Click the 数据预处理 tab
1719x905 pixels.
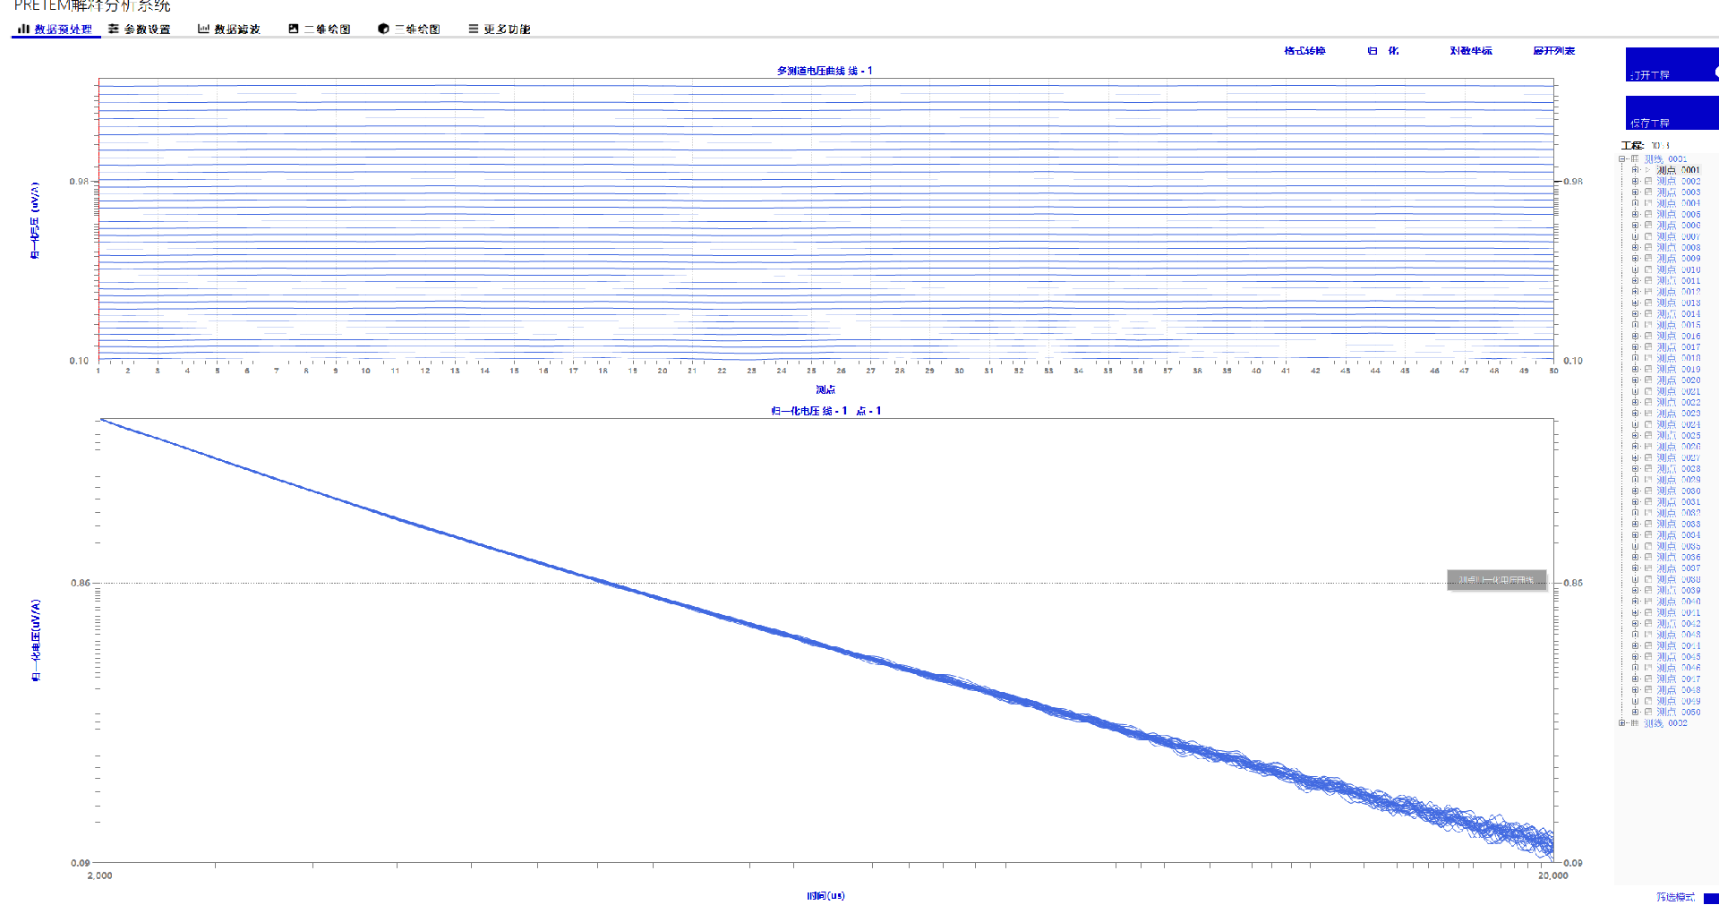pos(56,30)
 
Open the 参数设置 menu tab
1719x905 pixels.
pos(140,30)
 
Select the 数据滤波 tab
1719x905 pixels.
pos(229,30)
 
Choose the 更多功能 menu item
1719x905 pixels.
pos(500,30)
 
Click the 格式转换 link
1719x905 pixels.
pos(1304,51)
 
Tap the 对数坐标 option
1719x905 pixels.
pos(1471,51)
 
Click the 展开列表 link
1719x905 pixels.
pos(1553,51)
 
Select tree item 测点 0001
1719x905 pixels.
pos(1678,170)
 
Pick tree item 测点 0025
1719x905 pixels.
pos(1678,436)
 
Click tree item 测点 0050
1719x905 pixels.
pos(1678,713)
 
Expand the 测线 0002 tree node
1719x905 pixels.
pos(1622,723)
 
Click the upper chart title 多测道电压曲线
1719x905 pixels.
pos(824,71)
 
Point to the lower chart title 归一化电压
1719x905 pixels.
pos(825,411)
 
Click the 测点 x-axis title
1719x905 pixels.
pos(825,389)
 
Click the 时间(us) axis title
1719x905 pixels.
pos(825,895)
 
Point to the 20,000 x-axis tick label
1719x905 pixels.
pos(1553,875)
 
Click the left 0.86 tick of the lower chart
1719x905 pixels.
pos(81,584)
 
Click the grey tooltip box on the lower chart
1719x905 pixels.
pos(1496,580)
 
